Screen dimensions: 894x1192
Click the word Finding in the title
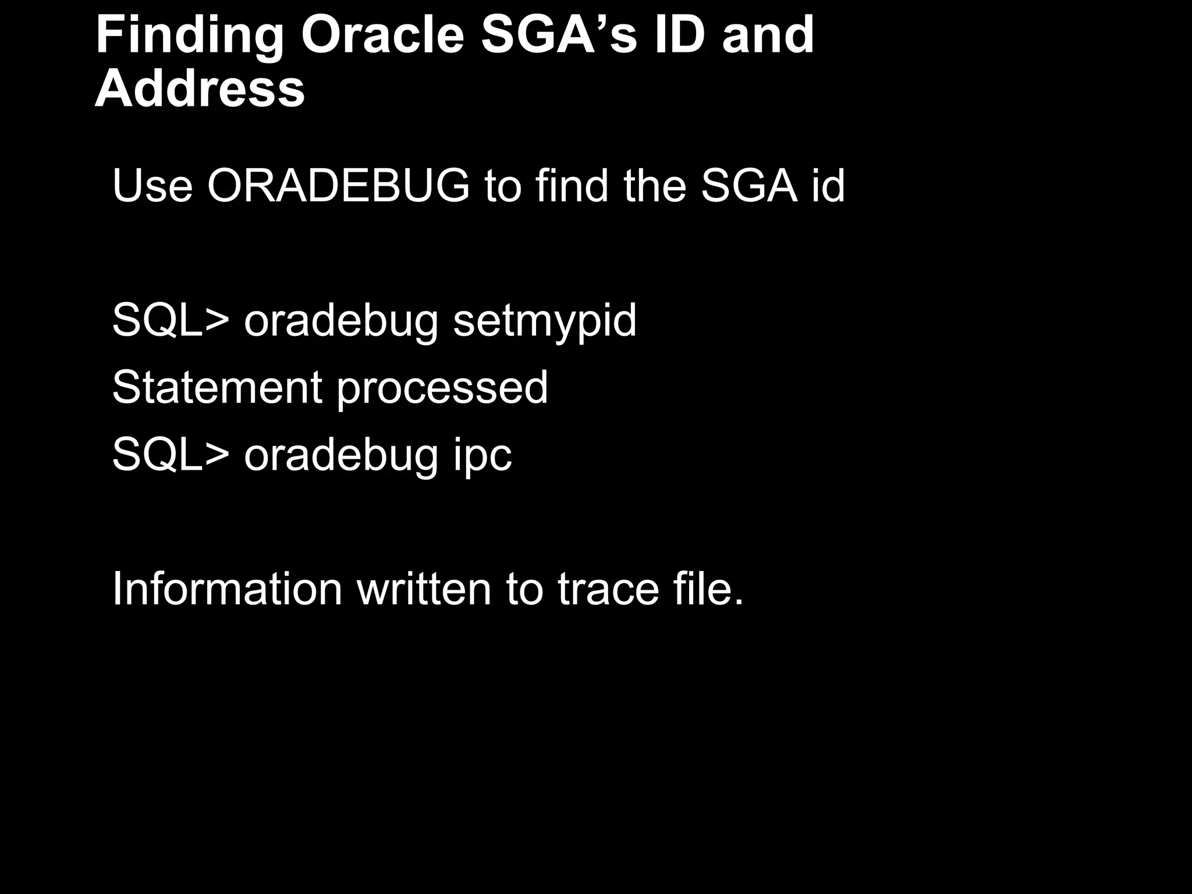pos(190,36)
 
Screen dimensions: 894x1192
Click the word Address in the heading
pos(200,89)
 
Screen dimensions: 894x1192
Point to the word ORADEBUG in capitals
pos(338,186)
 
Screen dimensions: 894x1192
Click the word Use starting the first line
pos(152,186)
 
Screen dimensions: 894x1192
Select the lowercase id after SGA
pos(827,186)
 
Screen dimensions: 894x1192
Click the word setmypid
pos(545,321)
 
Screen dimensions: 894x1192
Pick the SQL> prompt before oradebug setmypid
pos(171,320)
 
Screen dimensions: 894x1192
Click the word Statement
pos(217,387)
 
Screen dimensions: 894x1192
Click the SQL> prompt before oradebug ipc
pos(171,454)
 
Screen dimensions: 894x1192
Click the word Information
pos(227,589)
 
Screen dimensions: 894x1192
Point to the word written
pos(424,589)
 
